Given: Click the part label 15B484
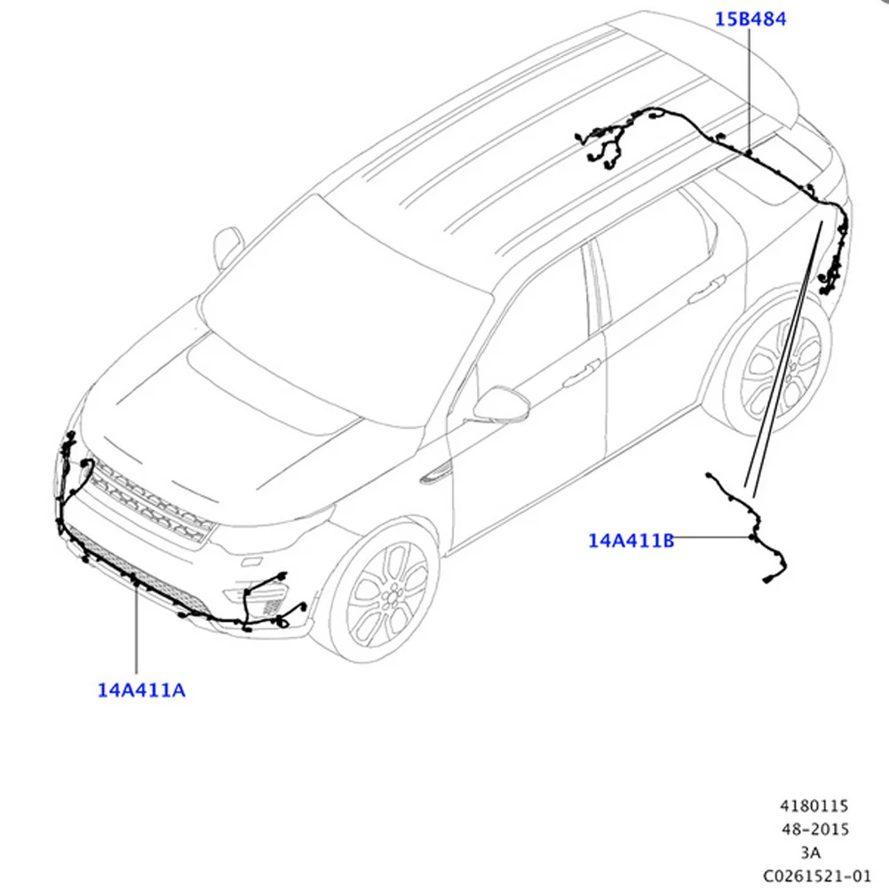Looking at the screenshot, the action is click(751, 18).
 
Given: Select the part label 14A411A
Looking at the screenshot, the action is click(142, 688).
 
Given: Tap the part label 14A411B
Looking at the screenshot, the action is click(631, 539).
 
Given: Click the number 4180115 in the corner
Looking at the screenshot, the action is click(814, 806).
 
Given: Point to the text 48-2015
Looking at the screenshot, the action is click(814, 829).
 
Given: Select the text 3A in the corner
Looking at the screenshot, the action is click(812, 852).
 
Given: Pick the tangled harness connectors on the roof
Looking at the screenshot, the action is click(604, 142).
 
